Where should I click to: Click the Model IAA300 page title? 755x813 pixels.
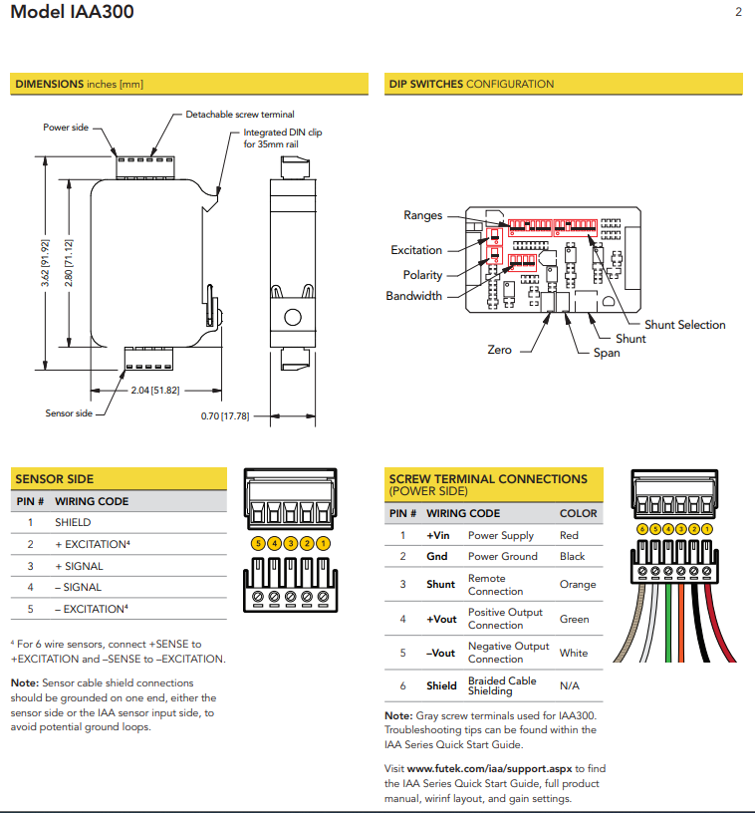[x=72, y=13]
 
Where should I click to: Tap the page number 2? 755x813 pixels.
[x=738, y=13]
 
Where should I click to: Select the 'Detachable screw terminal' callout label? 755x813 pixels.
[x=240, y=115]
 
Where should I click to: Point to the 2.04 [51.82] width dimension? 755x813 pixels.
[x=155, y=390]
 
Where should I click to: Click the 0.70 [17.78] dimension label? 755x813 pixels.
[x=224, y=415]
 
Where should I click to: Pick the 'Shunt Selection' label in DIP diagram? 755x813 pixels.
[x=684, y=325]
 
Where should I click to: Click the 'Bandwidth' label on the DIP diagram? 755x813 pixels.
[x=414, y=296]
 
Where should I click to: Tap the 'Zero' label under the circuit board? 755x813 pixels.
[x=499, y=350]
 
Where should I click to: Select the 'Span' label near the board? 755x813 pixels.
[x=606, y=353]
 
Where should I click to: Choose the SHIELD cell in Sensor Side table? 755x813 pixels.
[x=73, y=522]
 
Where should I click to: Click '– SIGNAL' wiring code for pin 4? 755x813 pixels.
[x=79, y=588]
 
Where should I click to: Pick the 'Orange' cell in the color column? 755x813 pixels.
[x=578, y=585]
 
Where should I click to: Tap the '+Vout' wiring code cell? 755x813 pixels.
[x=441, y=619]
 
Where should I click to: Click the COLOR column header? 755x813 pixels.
[x=579, y=513]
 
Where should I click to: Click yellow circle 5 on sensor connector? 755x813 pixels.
[x=258, y=544]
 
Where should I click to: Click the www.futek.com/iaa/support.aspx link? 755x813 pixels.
[x=488, y=769]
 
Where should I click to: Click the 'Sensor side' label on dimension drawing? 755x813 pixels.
[x=69, y=412]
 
